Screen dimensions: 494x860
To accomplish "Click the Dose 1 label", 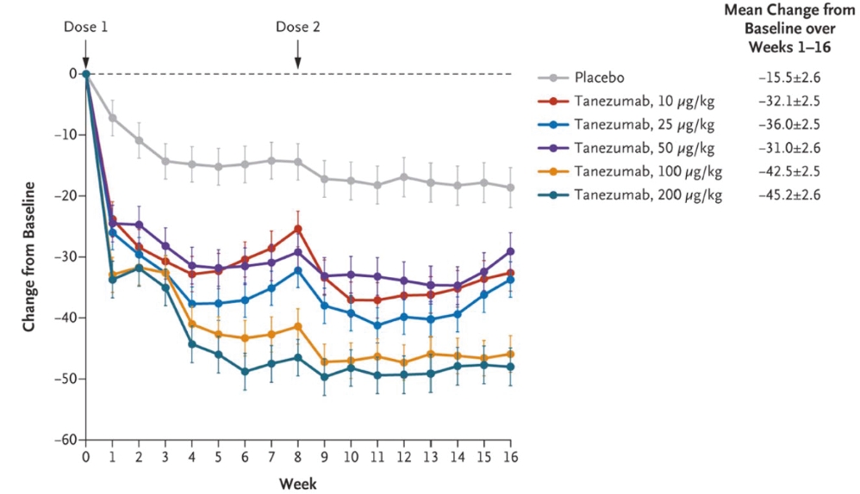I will point(85,26).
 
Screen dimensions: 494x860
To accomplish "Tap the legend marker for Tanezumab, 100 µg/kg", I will point(554,171).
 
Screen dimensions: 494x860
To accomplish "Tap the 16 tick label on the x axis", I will point(509,456).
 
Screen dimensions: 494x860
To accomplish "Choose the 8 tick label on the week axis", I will point(297,456).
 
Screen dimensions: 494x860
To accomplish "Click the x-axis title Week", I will point(297,483).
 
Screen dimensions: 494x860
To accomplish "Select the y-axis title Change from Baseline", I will point(29,256).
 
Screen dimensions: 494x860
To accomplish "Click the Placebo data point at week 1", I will point(112,117).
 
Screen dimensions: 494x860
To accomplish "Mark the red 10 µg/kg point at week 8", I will point(297,229).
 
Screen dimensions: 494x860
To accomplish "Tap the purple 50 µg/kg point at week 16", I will point(509,251).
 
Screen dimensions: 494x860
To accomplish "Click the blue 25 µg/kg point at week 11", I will point(377,325).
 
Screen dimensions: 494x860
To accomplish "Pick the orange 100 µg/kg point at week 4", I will point(191,324).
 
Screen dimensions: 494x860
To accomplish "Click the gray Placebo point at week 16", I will point(509,188).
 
